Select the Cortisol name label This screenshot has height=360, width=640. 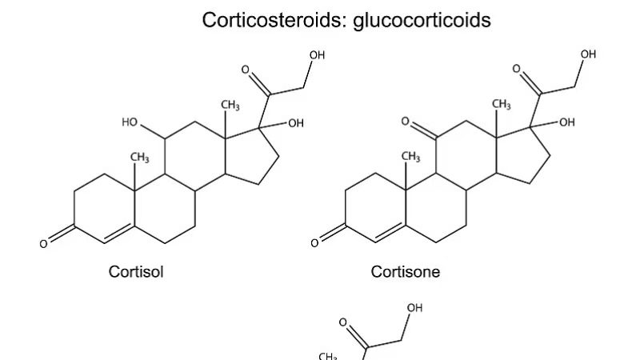click(x=136, y=272)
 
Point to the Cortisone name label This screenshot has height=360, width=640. click(x=406, y=272)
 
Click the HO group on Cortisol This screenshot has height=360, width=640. click(x=130, y=122)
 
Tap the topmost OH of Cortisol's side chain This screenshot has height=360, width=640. click(x=318, y=54)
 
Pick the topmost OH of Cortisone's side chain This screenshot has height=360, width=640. click(x=588, y=54)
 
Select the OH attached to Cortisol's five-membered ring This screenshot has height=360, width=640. click(x=296, y=122)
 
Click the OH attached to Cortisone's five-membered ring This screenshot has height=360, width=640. click(x=566, y=122)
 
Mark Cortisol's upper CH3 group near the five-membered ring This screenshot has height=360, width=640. click(x=230, y=105)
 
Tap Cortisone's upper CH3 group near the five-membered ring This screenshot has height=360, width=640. click(x=502, y=105)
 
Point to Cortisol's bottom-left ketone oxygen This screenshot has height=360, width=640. click(x=43, y=243)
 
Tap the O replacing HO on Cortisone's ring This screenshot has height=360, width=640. click(x=406, y=122)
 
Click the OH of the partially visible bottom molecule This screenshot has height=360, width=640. click(x=414, y=308)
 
